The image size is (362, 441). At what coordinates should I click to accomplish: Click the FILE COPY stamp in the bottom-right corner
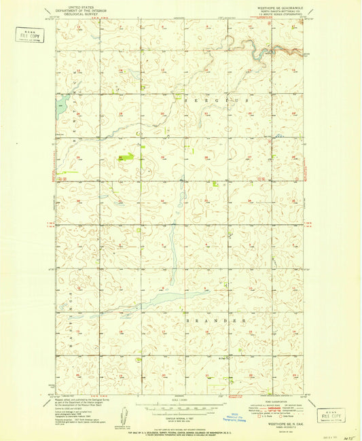[331, 414]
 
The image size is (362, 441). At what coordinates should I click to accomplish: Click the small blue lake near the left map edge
[62, 103]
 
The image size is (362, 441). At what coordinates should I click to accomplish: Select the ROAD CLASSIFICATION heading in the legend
[275, 402]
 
